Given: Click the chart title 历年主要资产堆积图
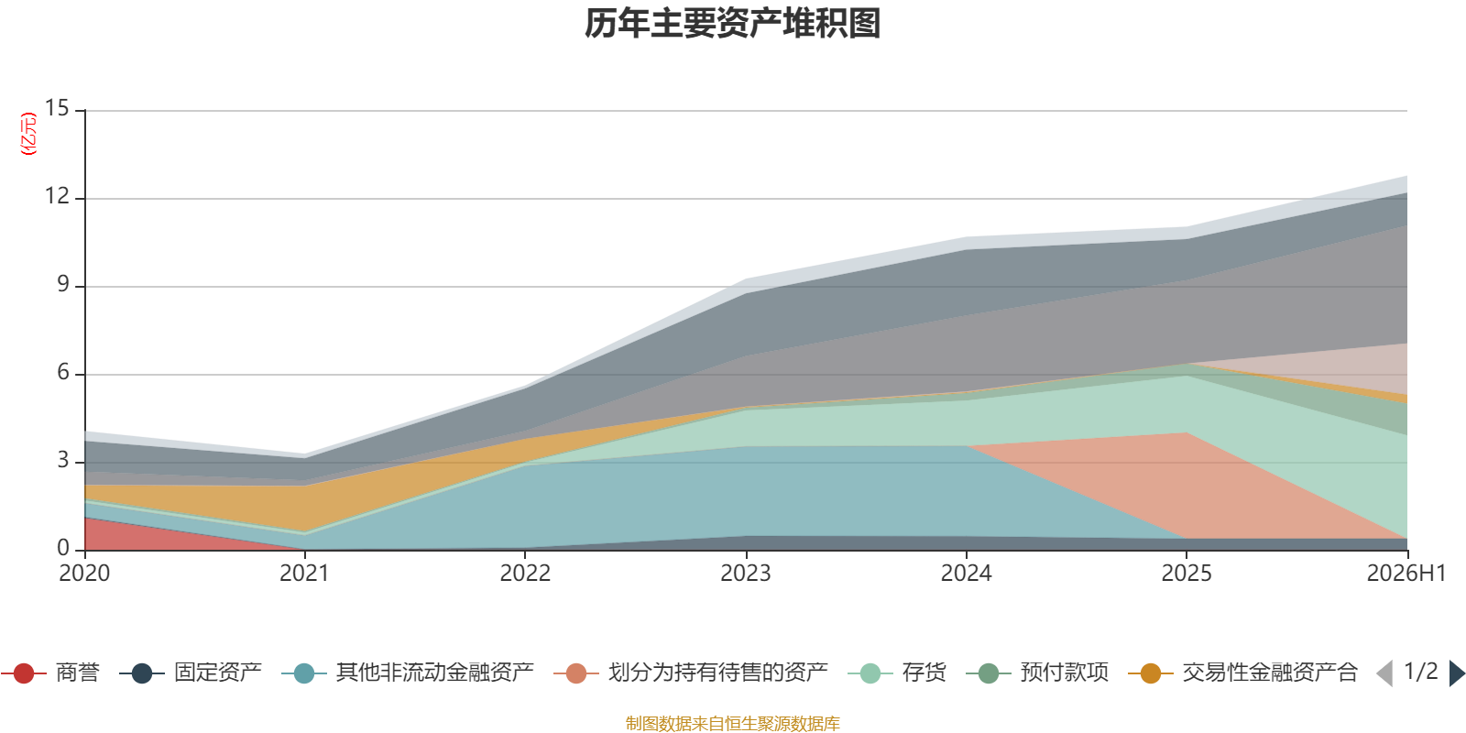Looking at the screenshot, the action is pos(732,24).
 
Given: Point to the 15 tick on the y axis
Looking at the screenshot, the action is pos(57,108).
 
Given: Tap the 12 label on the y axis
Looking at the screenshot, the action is pos(57,196).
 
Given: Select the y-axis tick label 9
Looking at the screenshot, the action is pos(63,284).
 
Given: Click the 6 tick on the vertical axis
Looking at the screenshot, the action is pos(63,372).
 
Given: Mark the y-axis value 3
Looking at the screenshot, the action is pos(63,460).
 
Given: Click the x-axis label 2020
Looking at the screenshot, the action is pos(84,574).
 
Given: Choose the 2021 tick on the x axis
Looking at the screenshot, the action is pos(304,574).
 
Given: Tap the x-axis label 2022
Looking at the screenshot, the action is pos(525,574).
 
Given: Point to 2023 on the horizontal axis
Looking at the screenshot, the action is pos(746,574).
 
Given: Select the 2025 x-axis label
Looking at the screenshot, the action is pos(1187,574).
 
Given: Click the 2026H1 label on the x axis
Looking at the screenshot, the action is pos(1406,574).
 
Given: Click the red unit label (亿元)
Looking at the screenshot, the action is pos(28,134).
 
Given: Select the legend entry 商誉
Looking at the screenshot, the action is pos(50,673).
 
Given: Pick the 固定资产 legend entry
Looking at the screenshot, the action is pos(191,673).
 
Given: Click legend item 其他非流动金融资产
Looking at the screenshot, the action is pos(408,673).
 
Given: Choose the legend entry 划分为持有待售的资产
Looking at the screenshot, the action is pos(691,673).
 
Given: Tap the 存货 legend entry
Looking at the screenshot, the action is pos(897,673).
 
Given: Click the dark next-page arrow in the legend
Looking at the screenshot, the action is pos(1457,673).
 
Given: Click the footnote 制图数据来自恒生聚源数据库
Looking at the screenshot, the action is pos(732,723).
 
